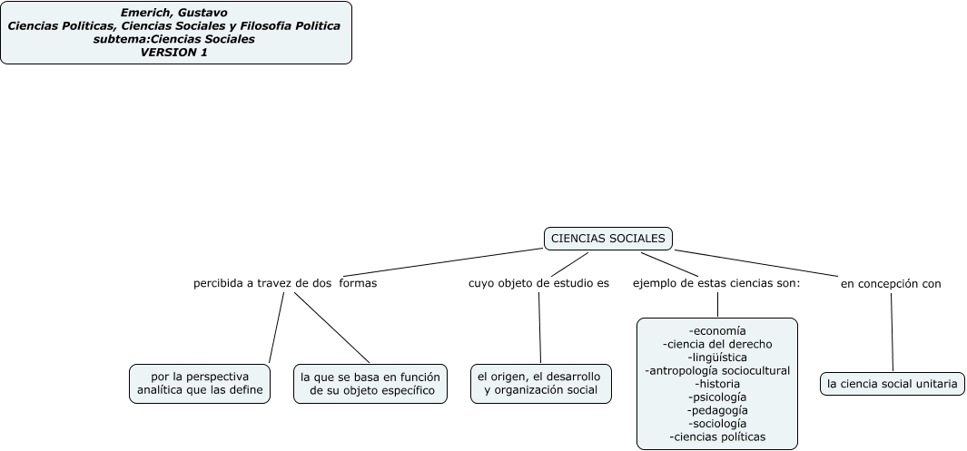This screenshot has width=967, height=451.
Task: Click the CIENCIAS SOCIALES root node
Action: point(608,239)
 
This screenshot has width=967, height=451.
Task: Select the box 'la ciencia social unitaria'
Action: point(892,384)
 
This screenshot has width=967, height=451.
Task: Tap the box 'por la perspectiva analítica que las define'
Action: point(200,384)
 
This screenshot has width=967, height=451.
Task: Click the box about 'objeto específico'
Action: point(370,384)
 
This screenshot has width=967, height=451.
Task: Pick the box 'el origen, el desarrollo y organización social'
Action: point(540,384)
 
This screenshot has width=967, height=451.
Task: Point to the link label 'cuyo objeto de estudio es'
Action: point(538,283)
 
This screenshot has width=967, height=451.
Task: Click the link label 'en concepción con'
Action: point(891,283)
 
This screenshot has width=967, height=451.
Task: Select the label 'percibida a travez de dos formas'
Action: point(285,283)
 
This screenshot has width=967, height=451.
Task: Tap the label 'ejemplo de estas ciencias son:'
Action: point(716,283)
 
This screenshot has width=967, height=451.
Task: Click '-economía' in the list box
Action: point(717,330)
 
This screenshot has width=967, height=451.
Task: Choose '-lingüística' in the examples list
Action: point(717,357)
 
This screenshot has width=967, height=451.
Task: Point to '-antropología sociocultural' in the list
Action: point(717,370)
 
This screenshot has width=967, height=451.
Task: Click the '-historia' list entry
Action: point(717,384)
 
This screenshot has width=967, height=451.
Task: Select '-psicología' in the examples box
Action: point(717,397)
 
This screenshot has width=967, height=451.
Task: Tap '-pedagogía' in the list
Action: point(717,410)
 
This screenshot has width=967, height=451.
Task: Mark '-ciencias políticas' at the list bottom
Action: point(717,436)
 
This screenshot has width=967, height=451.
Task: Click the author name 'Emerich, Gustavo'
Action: point(175,13)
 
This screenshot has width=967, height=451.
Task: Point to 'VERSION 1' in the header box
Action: point(175,52)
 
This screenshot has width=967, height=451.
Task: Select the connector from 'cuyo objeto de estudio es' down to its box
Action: point(539,327)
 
